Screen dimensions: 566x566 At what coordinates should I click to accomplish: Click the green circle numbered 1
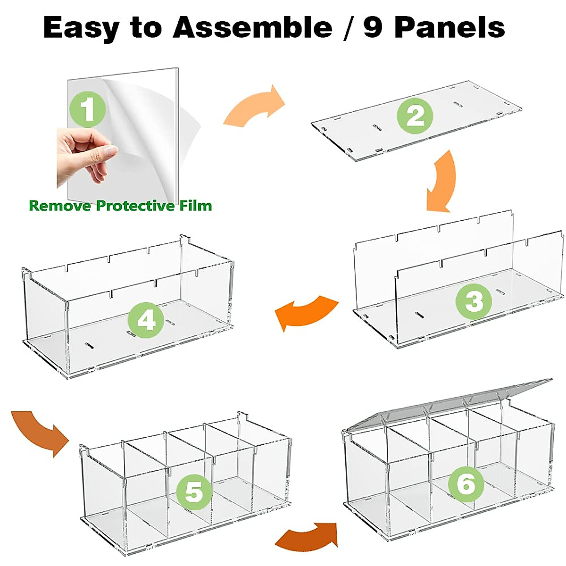[88, 109]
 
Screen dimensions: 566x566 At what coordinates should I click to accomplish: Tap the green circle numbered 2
[415, 116]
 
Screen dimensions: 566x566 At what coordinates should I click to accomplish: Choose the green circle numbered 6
[466, 484]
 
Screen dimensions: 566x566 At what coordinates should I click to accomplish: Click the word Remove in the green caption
[60, 206]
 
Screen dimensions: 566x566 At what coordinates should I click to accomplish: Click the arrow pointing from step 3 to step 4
[307, 312]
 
